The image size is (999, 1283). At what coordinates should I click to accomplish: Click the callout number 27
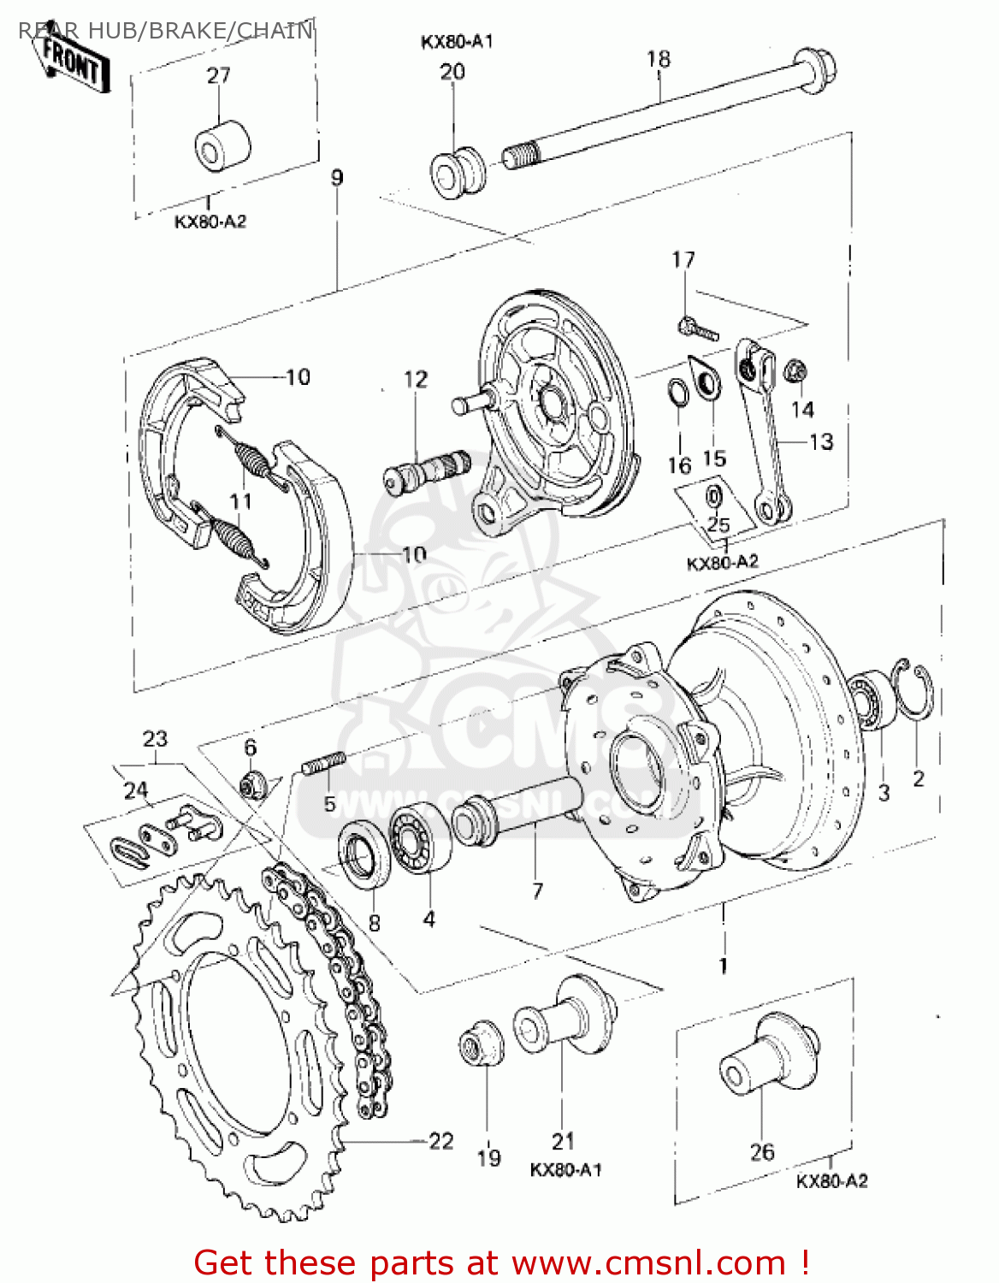(x=219, y=75)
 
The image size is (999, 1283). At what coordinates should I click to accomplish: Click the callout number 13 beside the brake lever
(x=821, y=441)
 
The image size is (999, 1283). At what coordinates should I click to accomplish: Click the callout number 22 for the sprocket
(x=441, y=1141)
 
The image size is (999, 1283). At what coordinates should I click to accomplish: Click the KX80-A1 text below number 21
(x=566, y=1170)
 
